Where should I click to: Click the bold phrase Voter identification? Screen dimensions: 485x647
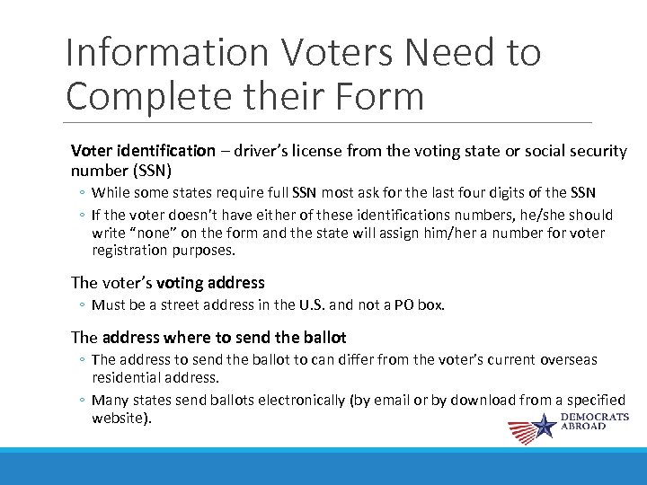pyautogui.click(x=143, y=151)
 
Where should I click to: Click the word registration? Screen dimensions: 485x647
pyautogui.click(x=129, y=251)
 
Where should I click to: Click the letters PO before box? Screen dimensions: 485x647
pyautogui.click(x=401, y=304)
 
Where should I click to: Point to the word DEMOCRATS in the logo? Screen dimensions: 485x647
pyautogui.click(x=595, y=418)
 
